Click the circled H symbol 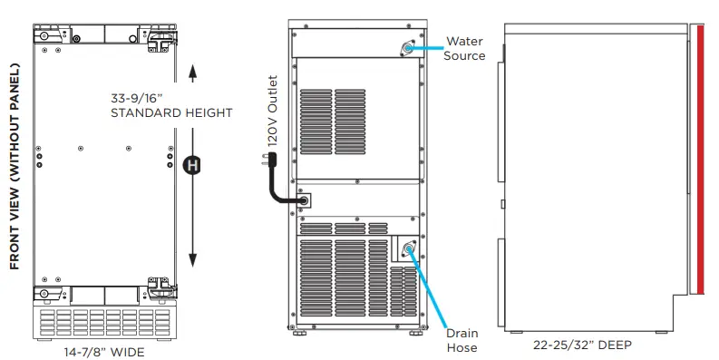click(x=191, y=165)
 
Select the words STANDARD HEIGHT click(x=171, y=113)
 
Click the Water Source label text click(x=464, y=49)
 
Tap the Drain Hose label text click(x=461, y=340)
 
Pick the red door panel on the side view click(x=701, y=160)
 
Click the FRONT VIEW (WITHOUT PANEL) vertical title click(x=15, y=167)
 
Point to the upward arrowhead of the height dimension click(x=191, y=69)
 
